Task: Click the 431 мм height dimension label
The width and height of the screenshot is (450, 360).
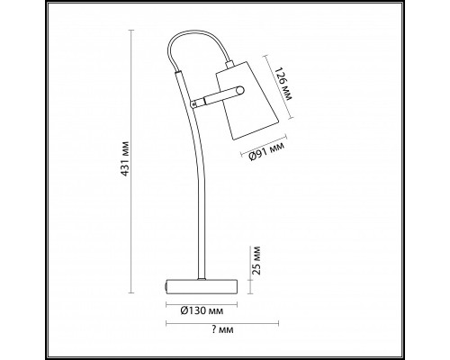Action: [x=126, y=158]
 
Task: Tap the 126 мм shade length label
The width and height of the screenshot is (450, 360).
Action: [x=283, y=84]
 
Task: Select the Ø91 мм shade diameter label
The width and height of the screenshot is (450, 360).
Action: [x=266, y=152]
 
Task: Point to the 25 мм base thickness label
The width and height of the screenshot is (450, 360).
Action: [x=256, y=260]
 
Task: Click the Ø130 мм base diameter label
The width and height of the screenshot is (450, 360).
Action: [x=202, y=310]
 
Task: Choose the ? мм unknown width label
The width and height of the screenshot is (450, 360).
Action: [x=222, y=329]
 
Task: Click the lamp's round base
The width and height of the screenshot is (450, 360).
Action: [x=202, y=286]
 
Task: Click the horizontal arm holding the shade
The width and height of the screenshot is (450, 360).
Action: [x=219, y=96]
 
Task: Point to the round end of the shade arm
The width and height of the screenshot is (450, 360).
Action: [x=240, y=90]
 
